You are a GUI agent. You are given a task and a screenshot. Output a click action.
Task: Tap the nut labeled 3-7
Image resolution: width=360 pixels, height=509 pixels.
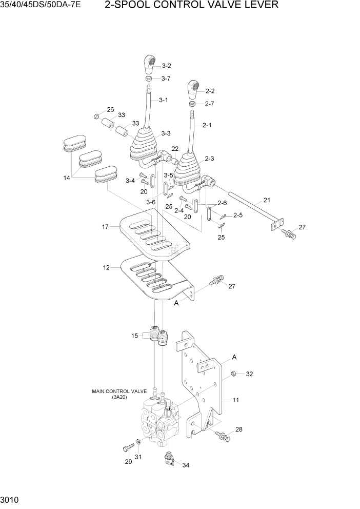(x=148, y=79)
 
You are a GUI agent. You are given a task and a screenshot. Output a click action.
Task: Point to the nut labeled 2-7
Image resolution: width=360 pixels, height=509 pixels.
(x=192, y=104)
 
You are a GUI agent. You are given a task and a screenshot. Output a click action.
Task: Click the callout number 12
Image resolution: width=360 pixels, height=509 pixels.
(x=106, y=268)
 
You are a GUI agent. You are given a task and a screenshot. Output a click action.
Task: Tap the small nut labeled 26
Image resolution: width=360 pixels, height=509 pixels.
(x=96, y=116)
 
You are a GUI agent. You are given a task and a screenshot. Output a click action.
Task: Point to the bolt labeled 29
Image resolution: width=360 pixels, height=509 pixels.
(x=126, y=448)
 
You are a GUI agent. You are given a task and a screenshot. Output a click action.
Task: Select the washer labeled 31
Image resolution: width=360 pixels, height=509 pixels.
(x=139, y=443)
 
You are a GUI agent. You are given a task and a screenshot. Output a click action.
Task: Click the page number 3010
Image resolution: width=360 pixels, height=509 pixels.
(x=10, y=499)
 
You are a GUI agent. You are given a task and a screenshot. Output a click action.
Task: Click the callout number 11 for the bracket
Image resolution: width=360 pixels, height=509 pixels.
(x=236, y=400)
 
